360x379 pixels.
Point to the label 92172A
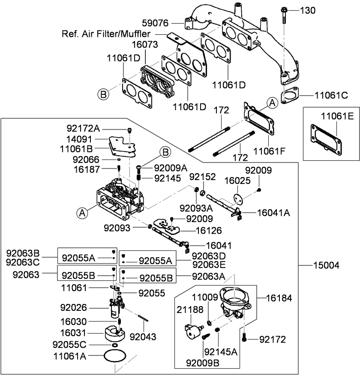coord(83,128)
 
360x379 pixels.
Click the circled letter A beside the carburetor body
coord(82,212)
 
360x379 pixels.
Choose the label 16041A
coord(273,212)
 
